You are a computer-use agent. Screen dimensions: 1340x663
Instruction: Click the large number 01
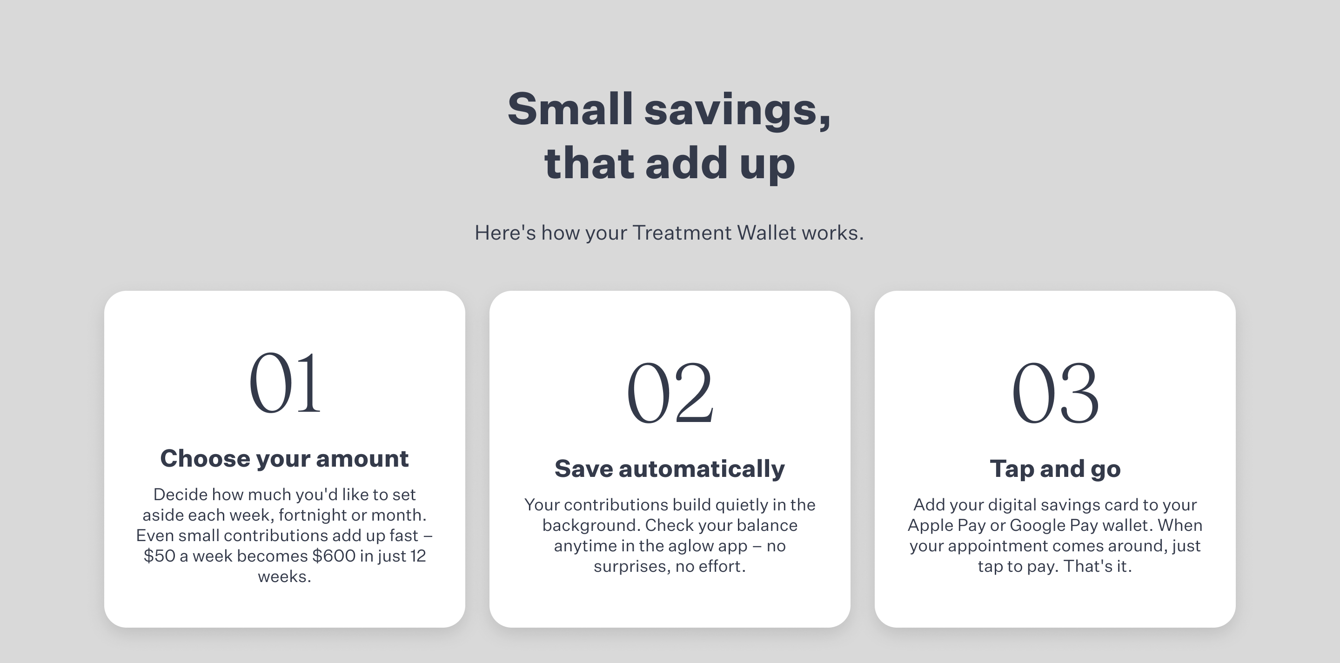point(285,383)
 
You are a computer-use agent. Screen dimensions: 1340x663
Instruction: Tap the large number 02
point(670,393)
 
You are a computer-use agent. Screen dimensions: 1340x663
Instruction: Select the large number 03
point(1055,393)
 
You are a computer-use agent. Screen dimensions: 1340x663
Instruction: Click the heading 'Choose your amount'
point(285,459)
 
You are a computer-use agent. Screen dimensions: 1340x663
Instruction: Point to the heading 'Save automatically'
point(670,469)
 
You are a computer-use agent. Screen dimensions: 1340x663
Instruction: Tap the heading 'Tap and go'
point(1055,469)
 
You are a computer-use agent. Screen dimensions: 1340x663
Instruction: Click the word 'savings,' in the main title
point(737,110)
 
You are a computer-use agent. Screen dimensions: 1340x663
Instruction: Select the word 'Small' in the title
point(570,109)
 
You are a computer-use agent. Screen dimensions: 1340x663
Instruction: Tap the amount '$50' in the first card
point(159,556)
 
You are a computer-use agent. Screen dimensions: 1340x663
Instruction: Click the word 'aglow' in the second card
point(690,547)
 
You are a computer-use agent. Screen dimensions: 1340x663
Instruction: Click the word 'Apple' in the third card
point(930,526)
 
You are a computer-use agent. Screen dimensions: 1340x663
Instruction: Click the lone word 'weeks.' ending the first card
point(285,576)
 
